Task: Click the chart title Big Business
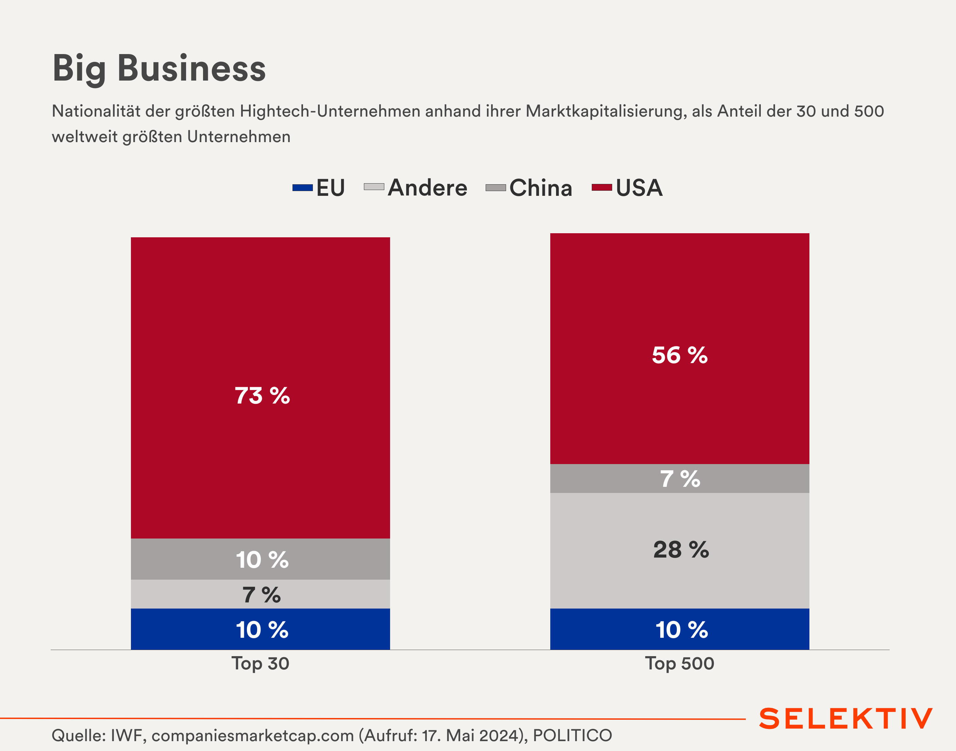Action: point(159,69)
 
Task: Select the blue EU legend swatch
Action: point(303,188)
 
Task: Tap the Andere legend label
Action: point(427,188)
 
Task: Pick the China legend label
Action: point(540,188)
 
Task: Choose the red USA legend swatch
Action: point(602,188)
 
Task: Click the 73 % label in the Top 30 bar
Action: point(262,395)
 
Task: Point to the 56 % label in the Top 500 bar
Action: point(680,355)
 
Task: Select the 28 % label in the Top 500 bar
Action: point(681,550)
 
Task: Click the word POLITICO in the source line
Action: point(572,735)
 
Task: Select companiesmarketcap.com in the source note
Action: point(252,735)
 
